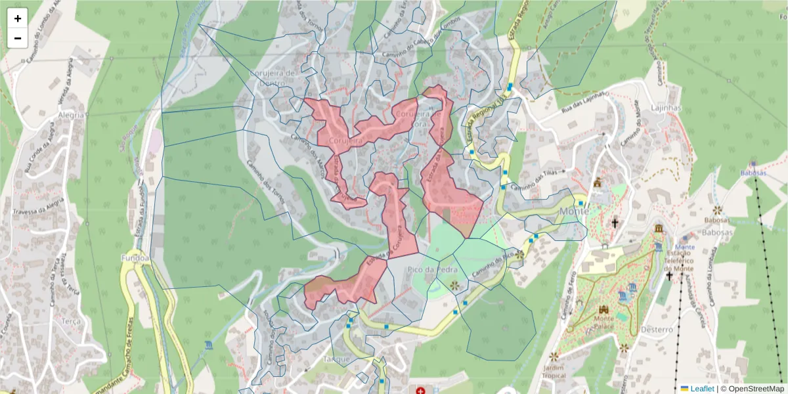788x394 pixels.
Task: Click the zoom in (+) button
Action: (x=18, y=18)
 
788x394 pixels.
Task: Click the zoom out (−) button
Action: (x=18, y=38)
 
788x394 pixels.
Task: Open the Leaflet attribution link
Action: (x=701, y=389)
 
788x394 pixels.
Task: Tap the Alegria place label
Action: (x=71, y=114)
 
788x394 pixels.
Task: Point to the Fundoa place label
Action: (x=135, y=259)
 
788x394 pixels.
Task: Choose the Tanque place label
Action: (x=336, y=359)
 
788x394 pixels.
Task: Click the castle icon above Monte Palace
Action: (x=603, y=309)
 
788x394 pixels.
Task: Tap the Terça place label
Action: (x=70, y=322)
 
